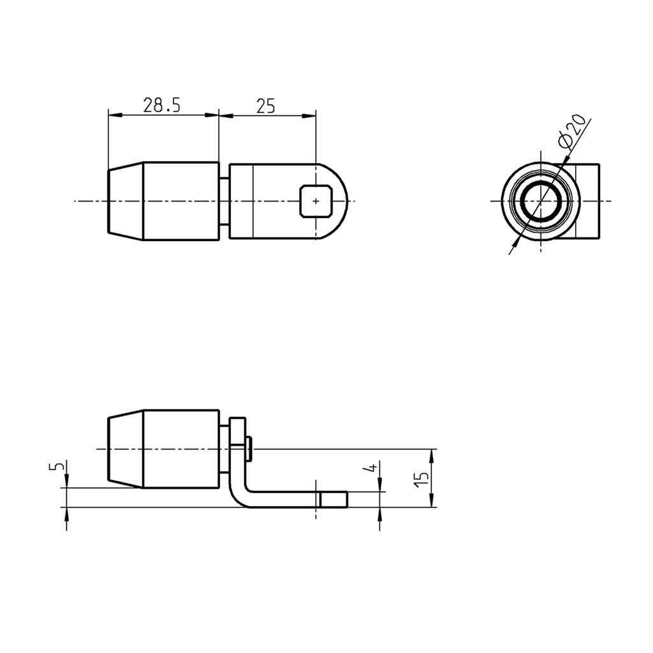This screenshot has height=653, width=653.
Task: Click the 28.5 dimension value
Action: pyautogui.click(x=162, y=105)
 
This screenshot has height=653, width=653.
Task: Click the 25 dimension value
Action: pyautogui.click(x=265, y=105)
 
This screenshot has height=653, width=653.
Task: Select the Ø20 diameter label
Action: pyautogui.click(x=571, y=131)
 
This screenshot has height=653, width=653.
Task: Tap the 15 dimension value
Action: pyautogui.click(x=421, y=479)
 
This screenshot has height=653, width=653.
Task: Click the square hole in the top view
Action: pyautogui.click(x=315, y=201)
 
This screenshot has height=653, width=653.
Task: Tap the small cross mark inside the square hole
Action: pyautogui.click(x=316, y=201)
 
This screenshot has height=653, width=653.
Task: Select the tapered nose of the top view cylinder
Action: pyautogui.click(x=125, y=202)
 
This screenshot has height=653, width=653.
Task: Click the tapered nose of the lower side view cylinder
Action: pyautogui.click(x=125, y=449)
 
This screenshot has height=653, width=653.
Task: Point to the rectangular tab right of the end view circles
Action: pyautogui.click(x=589, y=201)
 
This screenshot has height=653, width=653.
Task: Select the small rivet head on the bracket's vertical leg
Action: pyautogui.click(x=249, y=448)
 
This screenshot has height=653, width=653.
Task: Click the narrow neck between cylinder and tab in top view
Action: pyautogui.click(x=224, y=202)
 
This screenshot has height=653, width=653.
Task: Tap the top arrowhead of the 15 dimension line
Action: pyautogui.click(x=432, y=453)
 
